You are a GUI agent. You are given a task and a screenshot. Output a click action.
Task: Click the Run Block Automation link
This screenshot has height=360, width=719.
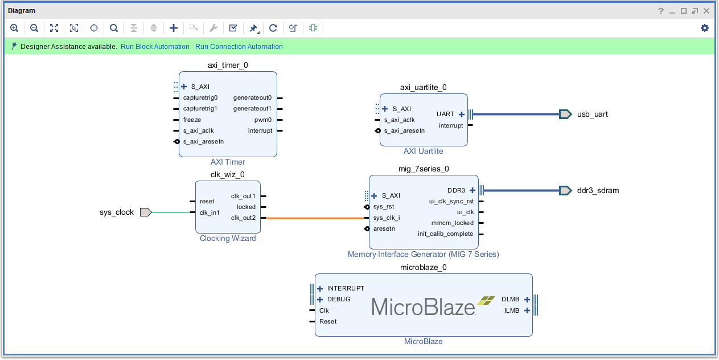(155, 47)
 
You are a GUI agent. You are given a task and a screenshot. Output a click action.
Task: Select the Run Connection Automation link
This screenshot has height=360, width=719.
(239, 47)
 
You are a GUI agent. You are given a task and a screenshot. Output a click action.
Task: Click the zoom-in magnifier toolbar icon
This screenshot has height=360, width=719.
(14, 28)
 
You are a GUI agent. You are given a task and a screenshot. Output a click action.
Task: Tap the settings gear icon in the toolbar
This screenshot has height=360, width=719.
(705, 28)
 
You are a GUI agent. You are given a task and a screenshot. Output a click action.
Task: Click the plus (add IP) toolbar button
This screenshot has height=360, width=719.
(174, 28)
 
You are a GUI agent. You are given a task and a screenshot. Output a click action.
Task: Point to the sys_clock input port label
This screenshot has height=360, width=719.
(117, 212)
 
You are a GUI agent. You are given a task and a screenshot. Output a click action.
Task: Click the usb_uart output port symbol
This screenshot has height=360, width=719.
(565, 114)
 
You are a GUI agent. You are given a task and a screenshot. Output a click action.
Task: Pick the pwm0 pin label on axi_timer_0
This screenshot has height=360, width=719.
(263, 120)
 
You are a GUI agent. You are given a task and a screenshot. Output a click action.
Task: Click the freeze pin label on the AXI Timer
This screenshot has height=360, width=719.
(192, 120)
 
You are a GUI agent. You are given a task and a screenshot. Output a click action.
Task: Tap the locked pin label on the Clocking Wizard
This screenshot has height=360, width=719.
(246, 207)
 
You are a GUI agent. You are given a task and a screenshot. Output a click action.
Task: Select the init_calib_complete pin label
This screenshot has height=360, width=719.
(445, 234)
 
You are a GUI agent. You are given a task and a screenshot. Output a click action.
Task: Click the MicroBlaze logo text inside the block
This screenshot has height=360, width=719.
(424, 307)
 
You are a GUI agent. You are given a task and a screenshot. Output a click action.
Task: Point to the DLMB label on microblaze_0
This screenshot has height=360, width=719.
(510, 300)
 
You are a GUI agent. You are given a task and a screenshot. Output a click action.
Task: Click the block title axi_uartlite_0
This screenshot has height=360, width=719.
(423, 87)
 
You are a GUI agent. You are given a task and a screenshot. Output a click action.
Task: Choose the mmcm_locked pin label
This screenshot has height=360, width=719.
(453, 223)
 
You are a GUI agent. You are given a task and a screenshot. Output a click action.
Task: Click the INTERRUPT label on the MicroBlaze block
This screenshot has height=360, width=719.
(346, 288)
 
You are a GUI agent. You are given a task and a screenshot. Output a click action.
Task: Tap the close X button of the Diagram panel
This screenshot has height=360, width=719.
(706, 11)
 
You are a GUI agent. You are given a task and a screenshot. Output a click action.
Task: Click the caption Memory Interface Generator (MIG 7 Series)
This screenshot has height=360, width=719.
(423, 254)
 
